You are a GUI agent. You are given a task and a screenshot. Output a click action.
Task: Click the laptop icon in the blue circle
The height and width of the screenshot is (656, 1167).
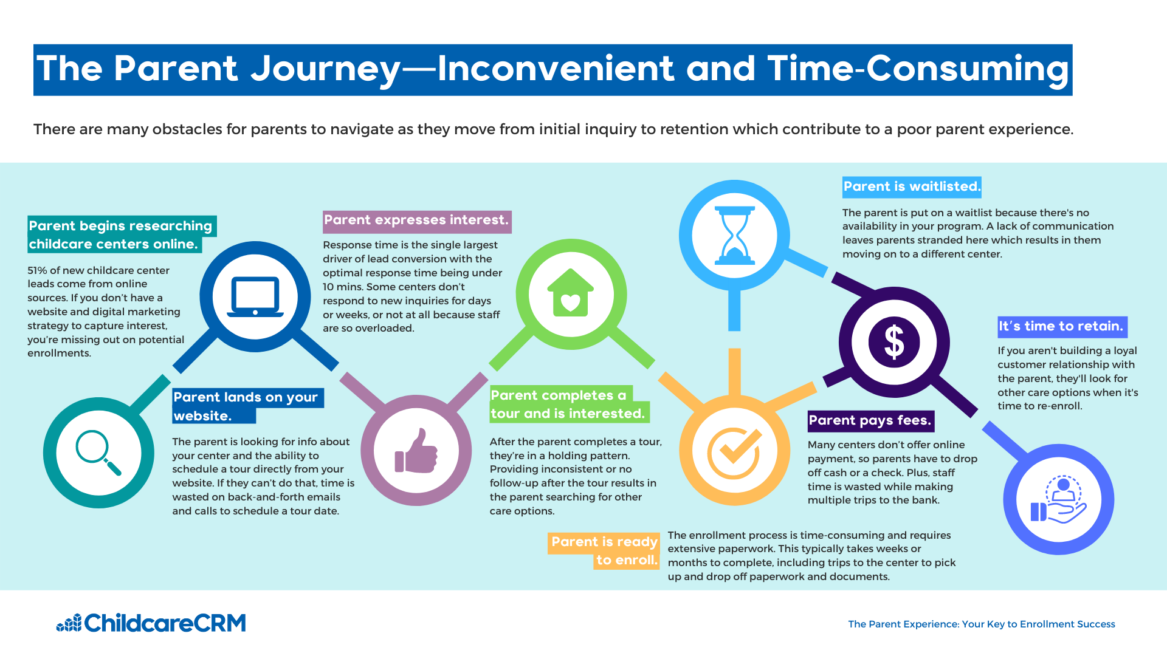tap(255, 297)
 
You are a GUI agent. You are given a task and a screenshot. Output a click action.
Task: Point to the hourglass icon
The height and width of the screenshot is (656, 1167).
tap(735, 236)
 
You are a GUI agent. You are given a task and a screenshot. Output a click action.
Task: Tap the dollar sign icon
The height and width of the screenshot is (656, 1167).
tap(894, 342)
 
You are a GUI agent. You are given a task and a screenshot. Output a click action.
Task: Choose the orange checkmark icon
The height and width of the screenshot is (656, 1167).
tap(735, 453)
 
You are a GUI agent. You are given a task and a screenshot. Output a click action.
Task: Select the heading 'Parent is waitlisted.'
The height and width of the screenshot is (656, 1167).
tap(912, 186)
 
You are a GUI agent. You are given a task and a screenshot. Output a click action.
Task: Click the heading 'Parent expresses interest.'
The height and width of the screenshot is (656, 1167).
tap(417, 220)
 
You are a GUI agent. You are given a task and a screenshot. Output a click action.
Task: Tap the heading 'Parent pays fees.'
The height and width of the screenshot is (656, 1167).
tap(870, 420)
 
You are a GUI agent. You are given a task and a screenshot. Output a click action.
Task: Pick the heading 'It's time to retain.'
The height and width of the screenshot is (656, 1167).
tap(1062, 327)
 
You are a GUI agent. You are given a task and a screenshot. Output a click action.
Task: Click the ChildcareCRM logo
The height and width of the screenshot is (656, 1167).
tap(151, 623)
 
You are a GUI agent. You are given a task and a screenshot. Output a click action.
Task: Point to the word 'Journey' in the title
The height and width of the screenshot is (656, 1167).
tap(325, 69)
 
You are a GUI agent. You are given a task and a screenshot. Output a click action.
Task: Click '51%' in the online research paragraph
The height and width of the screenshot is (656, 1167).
tap(39, 270)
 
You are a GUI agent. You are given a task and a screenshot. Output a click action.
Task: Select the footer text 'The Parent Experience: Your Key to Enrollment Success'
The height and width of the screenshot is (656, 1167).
tap(982, 624)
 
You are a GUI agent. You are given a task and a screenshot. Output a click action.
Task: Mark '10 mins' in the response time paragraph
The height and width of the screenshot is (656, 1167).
tap(345, 287)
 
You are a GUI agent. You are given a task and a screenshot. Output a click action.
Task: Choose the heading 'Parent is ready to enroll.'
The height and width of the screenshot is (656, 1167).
tap(604, 551)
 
